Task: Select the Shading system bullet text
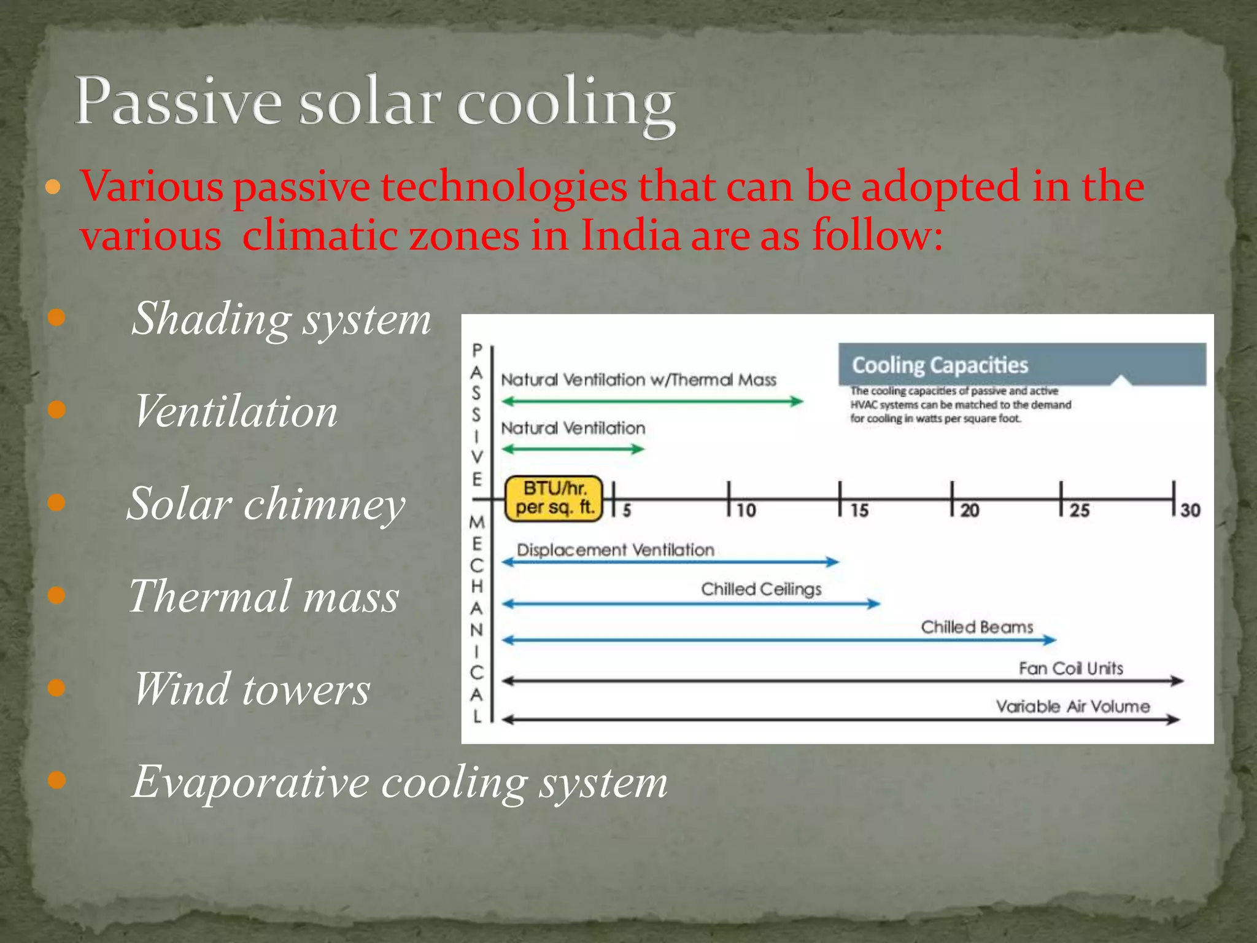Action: [281, 319]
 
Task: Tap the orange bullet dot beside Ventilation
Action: [56, 409]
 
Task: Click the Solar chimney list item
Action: [266, 504]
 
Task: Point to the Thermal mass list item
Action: [264, 596]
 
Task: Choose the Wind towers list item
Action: [252, 689]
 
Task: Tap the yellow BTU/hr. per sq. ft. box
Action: [553, 499]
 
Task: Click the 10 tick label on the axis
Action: [746, 511]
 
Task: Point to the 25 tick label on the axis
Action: [1080, 511]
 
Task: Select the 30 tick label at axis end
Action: [1190, 511]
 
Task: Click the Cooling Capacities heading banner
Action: [1021, 365]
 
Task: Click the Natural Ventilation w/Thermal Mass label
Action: [638, 380]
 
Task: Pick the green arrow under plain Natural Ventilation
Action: [573, 449]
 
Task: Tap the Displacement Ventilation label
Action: [615, 550]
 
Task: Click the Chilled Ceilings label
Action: [761, 589]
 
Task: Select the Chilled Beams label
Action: [977, 627]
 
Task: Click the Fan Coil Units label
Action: [1070, 669]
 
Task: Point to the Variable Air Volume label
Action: [1072, 707]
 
